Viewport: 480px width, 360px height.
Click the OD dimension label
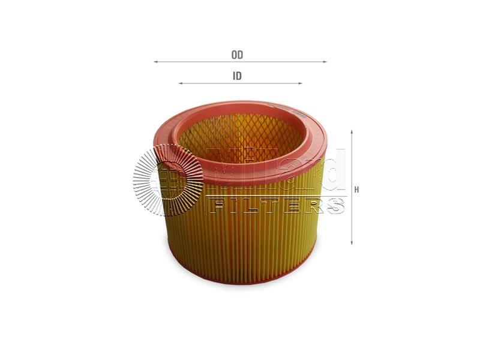click(x=237, y=55)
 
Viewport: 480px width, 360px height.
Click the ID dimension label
click(x=237, y=76)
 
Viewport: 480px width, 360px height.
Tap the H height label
click(x=356, y=190)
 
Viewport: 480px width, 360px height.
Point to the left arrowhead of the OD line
click(x=155, y=62)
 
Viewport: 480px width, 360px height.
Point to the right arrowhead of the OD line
click(x=325, y=62)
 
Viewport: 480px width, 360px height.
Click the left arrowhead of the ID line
click(x=181, y=83)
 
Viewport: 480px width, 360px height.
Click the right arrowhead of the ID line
click(x=300, y=83)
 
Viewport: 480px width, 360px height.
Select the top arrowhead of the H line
click(x=352, y=132)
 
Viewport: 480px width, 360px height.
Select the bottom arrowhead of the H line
click(x=352, y=242)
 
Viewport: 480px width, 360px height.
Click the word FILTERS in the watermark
click(x=277, y=206)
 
